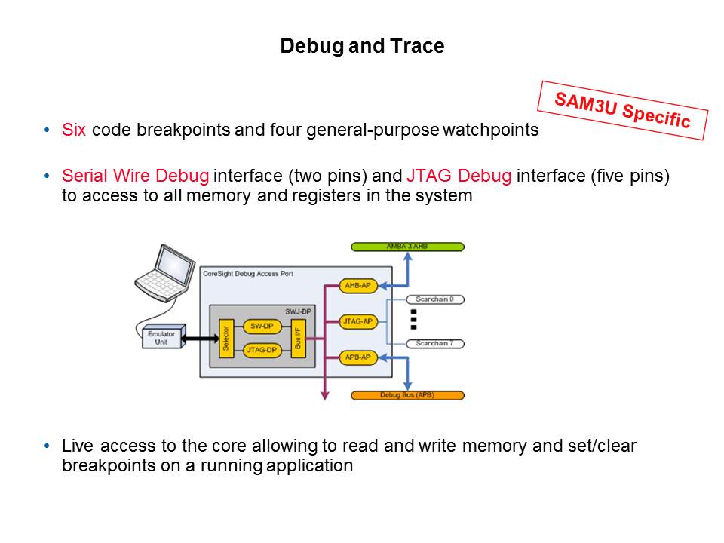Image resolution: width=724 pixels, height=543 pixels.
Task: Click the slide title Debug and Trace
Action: point(362,46)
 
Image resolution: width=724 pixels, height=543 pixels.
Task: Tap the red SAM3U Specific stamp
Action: point(622,110)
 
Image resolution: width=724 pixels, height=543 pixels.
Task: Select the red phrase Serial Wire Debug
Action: point(136,176)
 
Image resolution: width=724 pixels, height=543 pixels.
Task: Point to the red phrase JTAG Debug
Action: point(459,176)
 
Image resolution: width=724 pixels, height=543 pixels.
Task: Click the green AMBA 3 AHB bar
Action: point(407,247)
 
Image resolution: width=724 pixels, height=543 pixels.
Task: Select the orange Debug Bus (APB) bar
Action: point(407,395)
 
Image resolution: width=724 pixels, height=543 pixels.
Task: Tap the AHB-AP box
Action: point(357,286)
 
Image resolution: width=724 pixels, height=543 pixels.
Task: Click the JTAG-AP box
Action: point(357,321)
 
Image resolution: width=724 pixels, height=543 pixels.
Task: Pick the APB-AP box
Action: point(357,357)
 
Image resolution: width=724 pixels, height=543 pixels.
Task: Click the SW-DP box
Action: point(262,327)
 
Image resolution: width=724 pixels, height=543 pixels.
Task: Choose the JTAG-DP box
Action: point(262,349)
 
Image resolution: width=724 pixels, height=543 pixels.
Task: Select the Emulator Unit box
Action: point(161,338)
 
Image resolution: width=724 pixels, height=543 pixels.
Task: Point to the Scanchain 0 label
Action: point(434,299)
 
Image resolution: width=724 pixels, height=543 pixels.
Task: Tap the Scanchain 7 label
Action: point(434,343)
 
